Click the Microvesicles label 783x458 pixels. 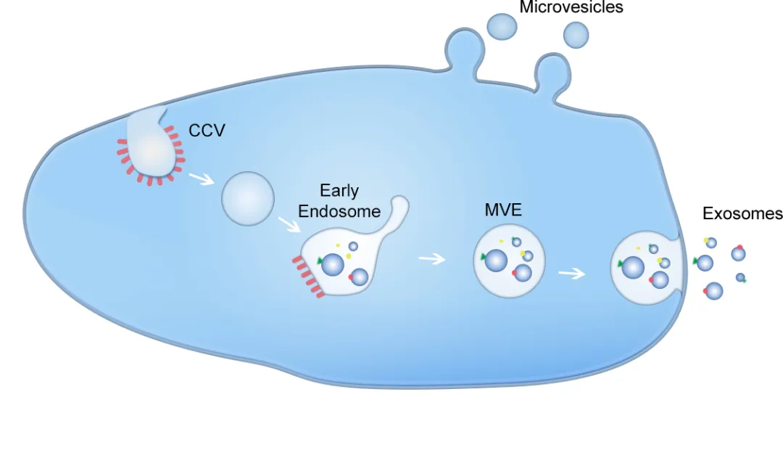(x=571, y=7)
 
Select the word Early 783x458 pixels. (x=339, y=192)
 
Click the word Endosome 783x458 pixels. (x=339, y=211)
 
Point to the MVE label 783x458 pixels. (x=503, y=212)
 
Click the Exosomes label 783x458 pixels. (x=742, y=213)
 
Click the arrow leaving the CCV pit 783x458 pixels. (x=201, y=178)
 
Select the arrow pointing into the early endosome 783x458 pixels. (x=289, y=224)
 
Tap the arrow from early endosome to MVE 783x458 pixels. (x=432, y=258)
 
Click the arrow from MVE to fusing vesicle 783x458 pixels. (x=571, y=274)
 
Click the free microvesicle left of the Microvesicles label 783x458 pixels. (x=502, y=27)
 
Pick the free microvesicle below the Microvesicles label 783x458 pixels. (x=576, y=34)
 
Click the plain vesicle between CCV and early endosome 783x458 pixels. (x=248, y=197)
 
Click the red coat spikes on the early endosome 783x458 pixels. (x=307, y=277)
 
